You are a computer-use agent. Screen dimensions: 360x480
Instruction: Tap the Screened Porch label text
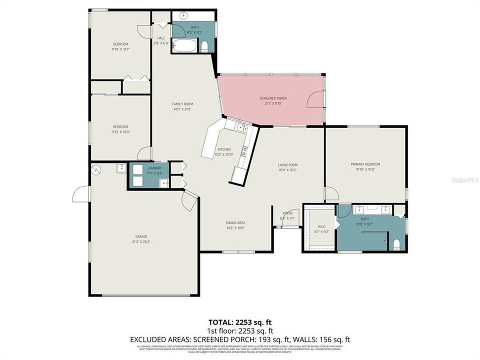click(x=273, y=98)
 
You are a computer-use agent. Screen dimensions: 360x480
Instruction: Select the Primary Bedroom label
click(x=365, y=164)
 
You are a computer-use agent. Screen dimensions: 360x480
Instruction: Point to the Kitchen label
click(x=223, y=149)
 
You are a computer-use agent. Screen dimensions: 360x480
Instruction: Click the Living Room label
click(x=287, y=164)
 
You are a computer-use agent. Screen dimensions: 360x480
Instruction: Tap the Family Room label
click(x=182, y=104)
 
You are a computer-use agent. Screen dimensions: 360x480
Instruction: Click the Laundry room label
click(x=154, y=168)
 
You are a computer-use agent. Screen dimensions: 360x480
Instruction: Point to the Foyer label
click(x=287, y=213)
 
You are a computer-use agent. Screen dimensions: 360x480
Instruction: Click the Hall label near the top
click(x=161, y=38)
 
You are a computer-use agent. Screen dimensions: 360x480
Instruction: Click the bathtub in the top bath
click(x=183, y=47)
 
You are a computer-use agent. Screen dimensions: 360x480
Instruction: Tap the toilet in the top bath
click(x=204, y=47)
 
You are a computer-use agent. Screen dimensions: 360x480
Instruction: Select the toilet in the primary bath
click(x=396, y=244)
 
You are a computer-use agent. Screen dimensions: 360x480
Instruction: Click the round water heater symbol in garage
click(x=96, y=169)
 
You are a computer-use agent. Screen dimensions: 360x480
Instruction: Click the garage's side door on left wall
click(x=80, y=194)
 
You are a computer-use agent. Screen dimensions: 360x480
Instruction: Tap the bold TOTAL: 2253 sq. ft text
click(x=240, y=322)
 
